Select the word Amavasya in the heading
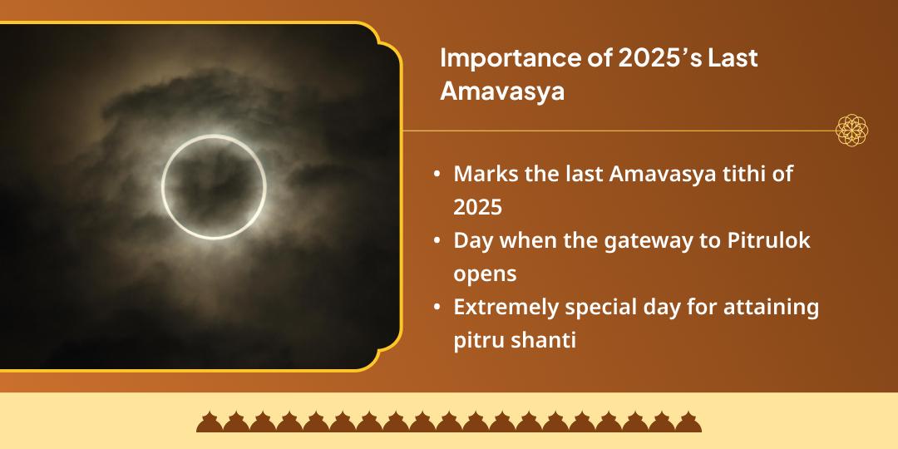(501, 91)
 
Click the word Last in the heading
(733, 60)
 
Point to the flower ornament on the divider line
(852, 131)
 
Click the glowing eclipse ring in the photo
(214, 187)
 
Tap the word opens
(485, 273)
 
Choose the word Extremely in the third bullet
(505, 308)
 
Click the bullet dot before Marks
(437, 176)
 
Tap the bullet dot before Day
(437, 242)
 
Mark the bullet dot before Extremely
(437, 308)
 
